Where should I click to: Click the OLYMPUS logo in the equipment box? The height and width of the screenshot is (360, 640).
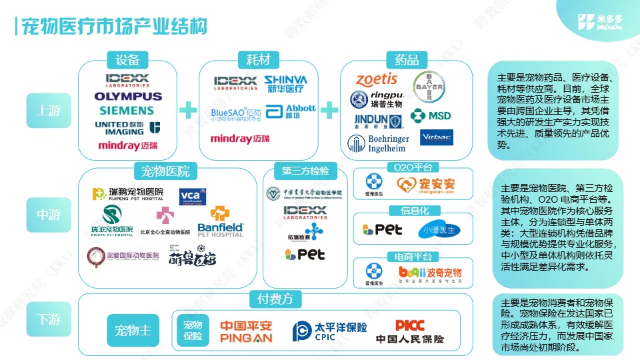tap(127, 96)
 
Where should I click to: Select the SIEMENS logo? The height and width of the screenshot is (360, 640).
tap(127, 110)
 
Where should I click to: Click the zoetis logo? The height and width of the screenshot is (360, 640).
tap(376, 79)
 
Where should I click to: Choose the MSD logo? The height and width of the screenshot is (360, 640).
tap(431, 115)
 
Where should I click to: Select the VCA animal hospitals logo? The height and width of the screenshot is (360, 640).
tap(193, 195)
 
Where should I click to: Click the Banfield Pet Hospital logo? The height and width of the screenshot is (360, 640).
tap(221, 221)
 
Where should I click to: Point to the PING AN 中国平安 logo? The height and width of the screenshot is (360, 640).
tap(246, 331)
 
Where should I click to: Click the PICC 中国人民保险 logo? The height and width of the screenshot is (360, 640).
tap(409, 331)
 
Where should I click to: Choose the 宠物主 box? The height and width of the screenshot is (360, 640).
tap(133, 330)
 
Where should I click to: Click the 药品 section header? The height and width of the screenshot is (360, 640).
tap(407, 59)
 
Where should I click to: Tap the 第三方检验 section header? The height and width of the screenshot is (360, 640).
tap(305, 170)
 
